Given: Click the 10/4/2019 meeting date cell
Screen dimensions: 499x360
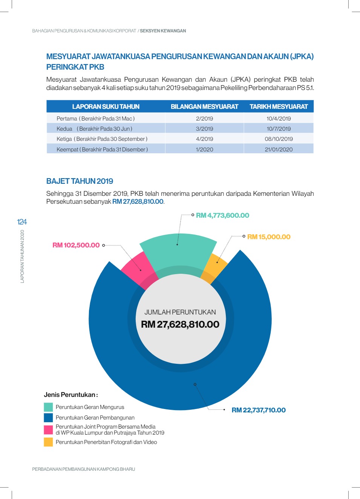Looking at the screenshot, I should click(279, 118).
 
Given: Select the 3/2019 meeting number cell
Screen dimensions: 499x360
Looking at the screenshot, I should click(204, 129).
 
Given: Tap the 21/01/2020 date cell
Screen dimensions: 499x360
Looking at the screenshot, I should click(279, 150).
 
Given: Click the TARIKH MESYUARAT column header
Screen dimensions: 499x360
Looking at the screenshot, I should click(279, 107).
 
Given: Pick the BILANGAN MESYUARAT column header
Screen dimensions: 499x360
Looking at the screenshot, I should click(204, 107).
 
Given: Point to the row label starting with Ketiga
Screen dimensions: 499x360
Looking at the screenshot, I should click(102, 139).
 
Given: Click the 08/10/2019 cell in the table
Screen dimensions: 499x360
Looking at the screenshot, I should click(279, 139).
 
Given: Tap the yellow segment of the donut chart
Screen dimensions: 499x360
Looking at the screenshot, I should click(215, 267).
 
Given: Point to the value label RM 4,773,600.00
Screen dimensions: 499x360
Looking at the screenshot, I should click(222, 215).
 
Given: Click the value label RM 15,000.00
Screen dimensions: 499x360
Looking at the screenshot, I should click(269, 237).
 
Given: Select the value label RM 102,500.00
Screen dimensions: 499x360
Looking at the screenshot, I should click(76, 245).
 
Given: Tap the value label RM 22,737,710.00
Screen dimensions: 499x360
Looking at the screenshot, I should click(259, 410).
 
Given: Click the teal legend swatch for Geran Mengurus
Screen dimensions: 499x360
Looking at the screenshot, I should click(48, 407).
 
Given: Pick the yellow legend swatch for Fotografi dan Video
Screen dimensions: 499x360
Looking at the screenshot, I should click(48, 442).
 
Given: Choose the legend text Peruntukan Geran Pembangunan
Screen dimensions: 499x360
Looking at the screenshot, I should click(95, 418).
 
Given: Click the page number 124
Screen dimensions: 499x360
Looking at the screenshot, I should click(22, 222).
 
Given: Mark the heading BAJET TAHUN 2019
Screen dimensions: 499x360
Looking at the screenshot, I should click(80, 181).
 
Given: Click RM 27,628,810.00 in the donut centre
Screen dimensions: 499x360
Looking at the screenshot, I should click(180, 324).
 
